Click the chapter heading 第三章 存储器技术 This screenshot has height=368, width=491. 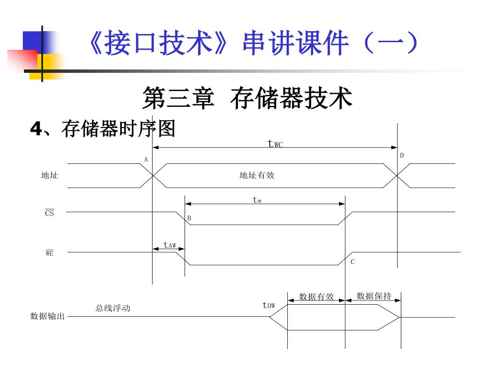[247, 99]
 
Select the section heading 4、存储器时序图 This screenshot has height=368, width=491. [103, 128]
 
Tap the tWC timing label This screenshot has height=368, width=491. [275, 143]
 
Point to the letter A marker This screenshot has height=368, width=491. [146, 159]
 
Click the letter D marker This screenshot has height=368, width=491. [402, 155]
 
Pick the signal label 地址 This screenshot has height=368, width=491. [49, 176]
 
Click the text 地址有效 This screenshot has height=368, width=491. [257, 175]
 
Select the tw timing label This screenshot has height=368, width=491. [257, 200]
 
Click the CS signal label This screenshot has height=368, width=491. [49, 213]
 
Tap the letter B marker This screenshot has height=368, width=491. [189, 218]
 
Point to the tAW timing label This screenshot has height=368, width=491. [170, 245]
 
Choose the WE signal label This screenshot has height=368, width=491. [49, 253]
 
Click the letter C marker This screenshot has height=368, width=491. [352, 262]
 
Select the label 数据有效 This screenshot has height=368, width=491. [316, 297]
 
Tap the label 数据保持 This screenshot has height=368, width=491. [374, 296]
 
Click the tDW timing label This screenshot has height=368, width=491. [269, 305]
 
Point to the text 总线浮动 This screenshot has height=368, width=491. [113, 308]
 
